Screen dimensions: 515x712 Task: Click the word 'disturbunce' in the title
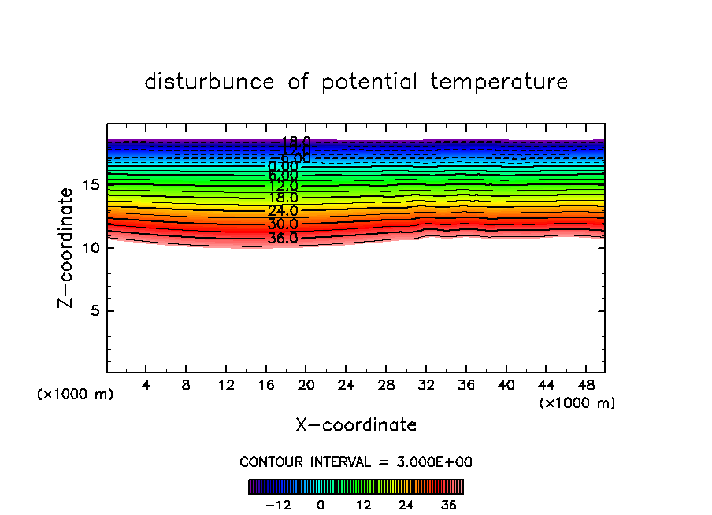[210, 82]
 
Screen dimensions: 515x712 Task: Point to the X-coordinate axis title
[356, 425]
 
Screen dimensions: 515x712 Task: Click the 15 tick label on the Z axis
[91, 184]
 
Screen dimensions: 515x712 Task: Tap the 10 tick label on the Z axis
[91, 247]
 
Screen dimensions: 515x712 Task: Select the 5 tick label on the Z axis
[94, 310]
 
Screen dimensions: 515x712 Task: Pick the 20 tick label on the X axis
[306, 385]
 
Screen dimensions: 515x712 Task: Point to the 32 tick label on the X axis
[425, 385]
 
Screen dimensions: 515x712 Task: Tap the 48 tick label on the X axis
[584, 385]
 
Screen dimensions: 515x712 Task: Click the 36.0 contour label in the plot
[282, 238]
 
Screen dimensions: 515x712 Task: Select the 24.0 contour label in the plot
[282, 211]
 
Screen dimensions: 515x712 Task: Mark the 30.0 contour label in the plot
[282, 224]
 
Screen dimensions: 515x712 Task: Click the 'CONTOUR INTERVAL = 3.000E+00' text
[356, 461]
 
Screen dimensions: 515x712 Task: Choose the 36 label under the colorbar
[448, 504]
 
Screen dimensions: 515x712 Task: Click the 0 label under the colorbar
[321, 504]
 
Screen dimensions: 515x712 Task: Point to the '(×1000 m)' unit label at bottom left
[76, 395]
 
